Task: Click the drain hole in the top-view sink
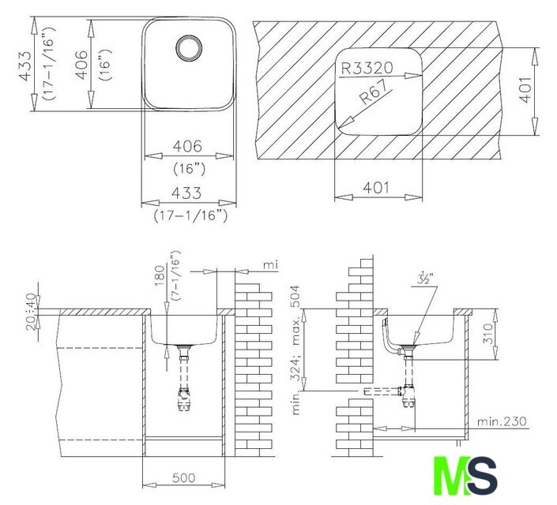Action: click(189, 47)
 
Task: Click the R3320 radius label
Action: click(367, 68)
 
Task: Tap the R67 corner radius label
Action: click(374, 92)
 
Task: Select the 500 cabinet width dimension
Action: click(183, 478)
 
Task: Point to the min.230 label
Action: click(502, 421)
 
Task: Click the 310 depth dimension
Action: click(489, 334)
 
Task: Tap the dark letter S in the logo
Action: click(482, 476)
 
